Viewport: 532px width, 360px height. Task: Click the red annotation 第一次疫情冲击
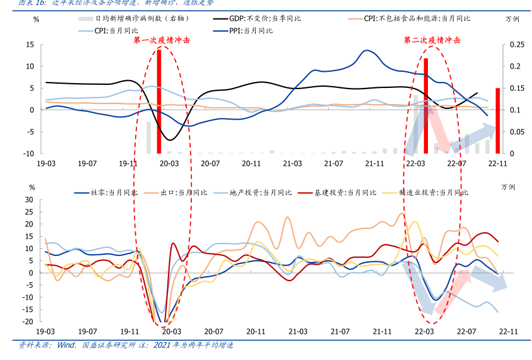(162, 40)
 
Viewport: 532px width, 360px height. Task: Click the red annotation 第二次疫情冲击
(432, 40)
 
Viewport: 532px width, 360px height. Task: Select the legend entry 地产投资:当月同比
(262, 193)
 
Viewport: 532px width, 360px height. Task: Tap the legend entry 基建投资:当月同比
(347, 193)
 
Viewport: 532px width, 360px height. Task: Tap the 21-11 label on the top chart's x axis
(374, 163)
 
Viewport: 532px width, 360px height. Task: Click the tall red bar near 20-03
(159, 102)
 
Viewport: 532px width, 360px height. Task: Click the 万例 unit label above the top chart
(512, 19)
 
